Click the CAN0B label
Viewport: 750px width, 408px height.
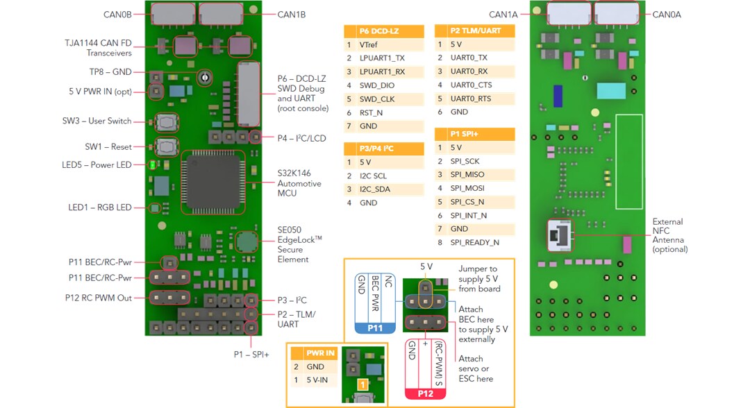tap(117, 13)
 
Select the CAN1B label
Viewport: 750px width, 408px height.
tap(291, 14)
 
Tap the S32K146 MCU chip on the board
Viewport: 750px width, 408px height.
tap(213, 182)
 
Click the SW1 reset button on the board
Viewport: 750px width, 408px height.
tap(165, 147)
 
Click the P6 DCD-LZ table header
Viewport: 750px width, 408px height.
tap(384, 31)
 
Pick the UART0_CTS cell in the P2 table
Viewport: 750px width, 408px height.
tap(471, 85)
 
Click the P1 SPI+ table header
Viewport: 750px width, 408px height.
tap(475, 134)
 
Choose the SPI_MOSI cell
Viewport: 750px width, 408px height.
tap(467, 188)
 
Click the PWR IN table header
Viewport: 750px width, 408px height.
tap(320, 352)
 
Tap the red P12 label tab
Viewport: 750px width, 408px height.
tap(425, 393)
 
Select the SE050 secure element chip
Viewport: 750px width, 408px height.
tap(245, 241)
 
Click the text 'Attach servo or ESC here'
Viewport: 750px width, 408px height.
tap(476, 368)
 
